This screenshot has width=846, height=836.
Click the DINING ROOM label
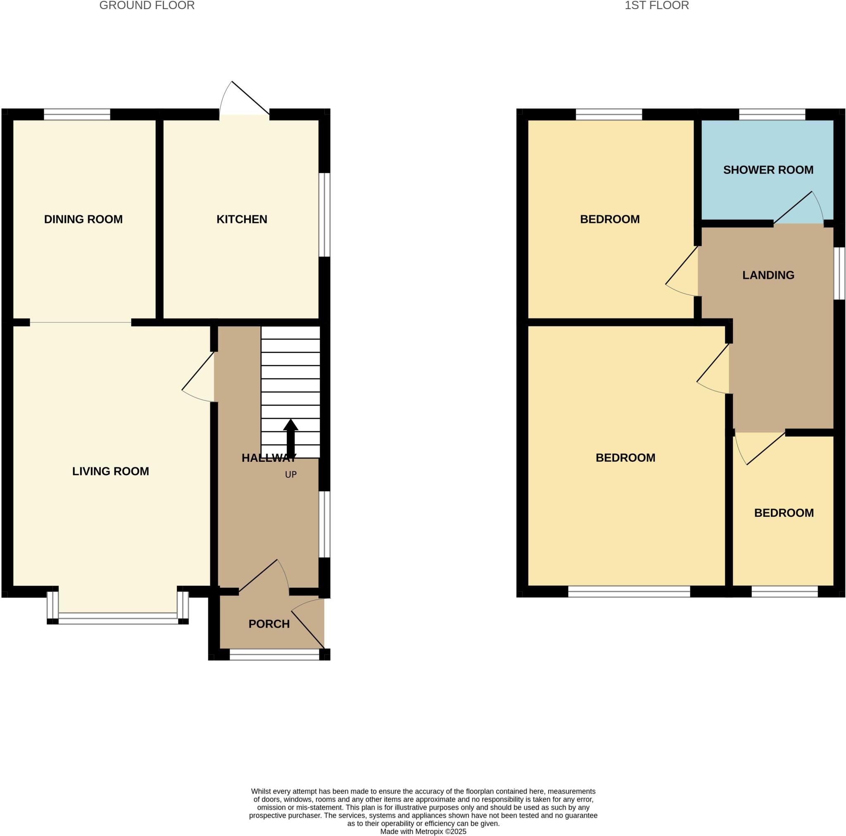(83, 219)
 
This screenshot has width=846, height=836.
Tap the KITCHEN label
(242, 219)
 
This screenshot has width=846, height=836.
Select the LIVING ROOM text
(110, 471)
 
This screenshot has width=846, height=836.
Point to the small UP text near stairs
(291, 475)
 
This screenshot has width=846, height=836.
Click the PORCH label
(269, 624)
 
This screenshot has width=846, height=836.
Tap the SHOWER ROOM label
(768, 170)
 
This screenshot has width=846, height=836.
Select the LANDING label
(768, 275)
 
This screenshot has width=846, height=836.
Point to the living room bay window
(118, 618)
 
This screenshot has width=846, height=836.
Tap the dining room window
(77, 115)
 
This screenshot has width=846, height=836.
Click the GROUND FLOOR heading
(147, 6)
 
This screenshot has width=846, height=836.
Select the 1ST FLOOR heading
(656, 6)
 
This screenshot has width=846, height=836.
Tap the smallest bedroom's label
(784, 513)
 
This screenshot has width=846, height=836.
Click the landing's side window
(839, 274)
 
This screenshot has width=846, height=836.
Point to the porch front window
(274, 654)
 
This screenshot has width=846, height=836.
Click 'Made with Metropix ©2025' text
(423, 831)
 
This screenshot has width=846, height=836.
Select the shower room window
(772, 115)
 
